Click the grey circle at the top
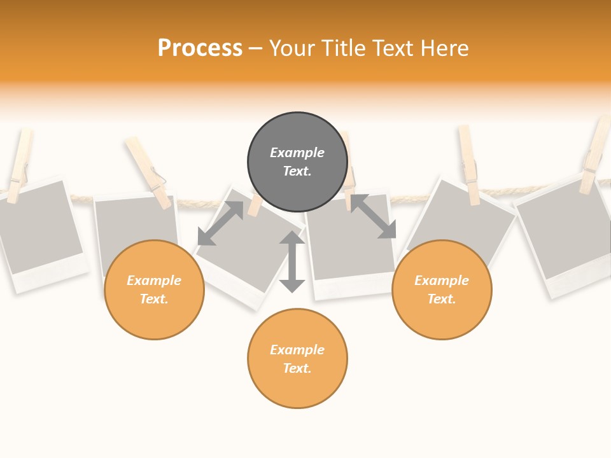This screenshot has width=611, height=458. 297,162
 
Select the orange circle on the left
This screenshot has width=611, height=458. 154,289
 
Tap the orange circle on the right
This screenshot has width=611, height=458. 442,289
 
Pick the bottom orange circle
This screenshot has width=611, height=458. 297,359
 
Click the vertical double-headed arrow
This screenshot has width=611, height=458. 292,261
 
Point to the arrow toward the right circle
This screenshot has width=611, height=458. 374,216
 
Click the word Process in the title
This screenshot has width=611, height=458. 200,48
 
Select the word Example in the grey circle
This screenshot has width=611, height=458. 297,153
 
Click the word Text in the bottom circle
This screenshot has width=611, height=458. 296,368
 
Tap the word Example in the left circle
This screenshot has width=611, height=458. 154,281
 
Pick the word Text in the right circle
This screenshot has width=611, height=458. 440,299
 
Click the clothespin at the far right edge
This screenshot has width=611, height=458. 595,156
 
